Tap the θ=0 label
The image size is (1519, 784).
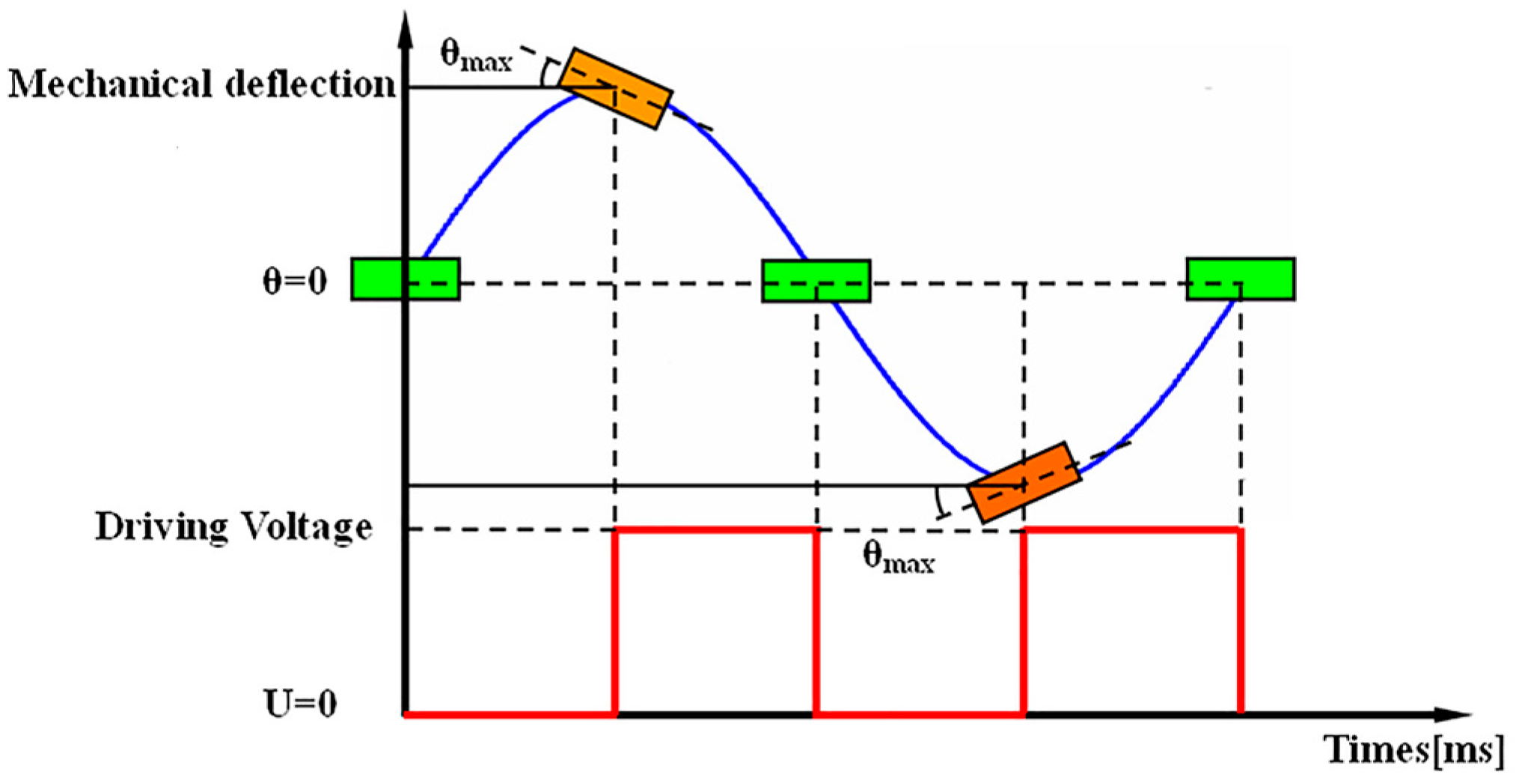click(x=294, y=282)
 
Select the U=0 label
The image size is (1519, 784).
click(x=300, y=703)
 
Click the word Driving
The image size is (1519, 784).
click(x=162, y=526)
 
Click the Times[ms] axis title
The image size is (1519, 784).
click(x=1413, y=750)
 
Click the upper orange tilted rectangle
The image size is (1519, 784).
click(x=616, y=88)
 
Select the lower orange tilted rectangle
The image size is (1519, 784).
click(x=1024, y=481)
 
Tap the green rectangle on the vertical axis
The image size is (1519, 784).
click(x=406, y=279)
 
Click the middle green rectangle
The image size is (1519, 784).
click(x=816, y=281)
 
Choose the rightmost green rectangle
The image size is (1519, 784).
click(x=1240, y=279)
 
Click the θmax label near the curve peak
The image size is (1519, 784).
click(x=476, y=55)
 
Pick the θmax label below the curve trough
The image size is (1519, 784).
click(x=898, y=557)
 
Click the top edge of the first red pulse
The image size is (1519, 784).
click(x=715, y=530)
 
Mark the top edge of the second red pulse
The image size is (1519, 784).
click(x=1132, y=530)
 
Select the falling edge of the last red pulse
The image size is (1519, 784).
click(x=1241, y=622)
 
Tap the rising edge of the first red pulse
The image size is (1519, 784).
click(x=615, y=622)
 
